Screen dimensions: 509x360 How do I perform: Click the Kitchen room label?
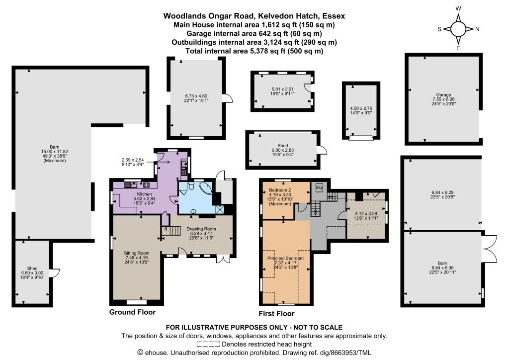coord(144,194)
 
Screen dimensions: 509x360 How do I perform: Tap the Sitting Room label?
coord(136,253)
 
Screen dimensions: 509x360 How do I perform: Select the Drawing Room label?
coord(201,229)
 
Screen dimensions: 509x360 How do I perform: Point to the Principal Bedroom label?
coord(285,259)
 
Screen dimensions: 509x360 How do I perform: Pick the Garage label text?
coord(443,95)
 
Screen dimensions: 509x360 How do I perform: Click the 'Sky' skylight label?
coord(319,187)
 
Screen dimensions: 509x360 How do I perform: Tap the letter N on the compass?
coord(477,29)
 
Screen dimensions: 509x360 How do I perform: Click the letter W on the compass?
coord(458,9)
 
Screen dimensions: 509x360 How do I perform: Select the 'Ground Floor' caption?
coord(132,312)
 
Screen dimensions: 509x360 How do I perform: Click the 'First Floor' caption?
coord(276,314)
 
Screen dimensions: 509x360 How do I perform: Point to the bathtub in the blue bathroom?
coord(206,188)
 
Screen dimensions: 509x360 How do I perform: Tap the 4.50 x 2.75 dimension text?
coord(361,108)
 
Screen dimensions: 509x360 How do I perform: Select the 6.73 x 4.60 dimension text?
coord(196,96)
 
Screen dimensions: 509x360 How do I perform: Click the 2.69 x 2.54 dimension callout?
coord(132,160)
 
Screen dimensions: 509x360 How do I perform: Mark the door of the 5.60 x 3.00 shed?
coord(56,273)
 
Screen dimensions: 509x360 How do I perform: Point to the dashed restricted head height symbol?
coord(208,344)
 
